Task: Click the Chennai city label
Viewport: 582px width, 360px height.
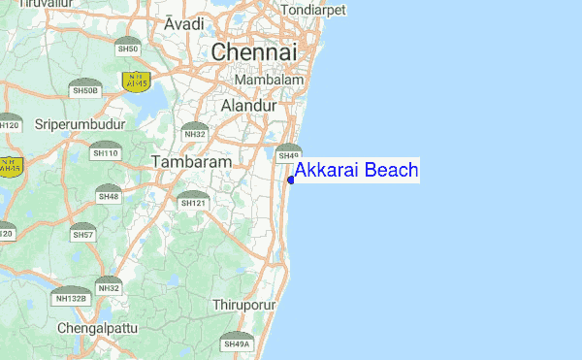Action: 255,52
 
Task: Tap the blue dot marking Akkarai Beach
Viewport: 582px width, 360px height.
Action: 291,179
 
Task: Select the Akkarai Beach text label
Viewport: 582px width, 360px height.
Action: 356,171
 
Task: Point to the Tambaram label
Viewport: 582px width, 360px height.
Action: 191,162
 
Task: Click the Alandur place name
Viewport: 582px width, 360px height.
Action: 249,105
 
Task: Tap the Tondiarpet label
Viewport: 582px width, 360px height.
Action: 311,12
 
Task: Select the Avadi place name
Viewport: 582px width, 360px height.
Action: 184,23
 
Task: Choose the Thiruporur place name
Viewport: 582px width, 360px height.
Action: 244,305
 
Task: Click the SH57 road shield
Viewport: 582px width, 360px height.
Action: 83,233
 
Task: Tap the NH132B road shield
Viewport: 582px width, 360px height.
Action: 70,296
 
